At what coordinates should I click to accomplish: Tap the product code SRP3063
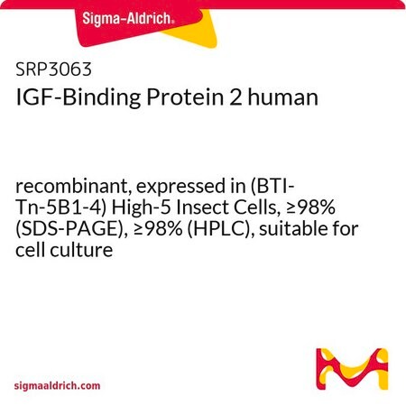(53, 69)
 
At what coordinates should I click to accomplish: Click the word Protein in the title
(185, 97)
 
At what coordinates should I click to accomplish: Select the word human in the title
(283, 97)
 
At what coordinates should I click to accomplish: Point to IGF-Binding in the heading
(78, 98)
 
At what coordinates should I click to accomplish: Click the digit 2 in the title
(235, 97)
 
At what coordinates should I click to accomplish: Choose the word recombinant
(73, 187)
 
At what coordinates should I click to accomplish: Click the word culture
(81, 250)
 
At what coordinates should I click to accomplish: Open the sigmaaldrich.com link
(57, 386)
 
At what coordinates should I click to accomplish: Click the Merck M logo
(352, 369)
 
